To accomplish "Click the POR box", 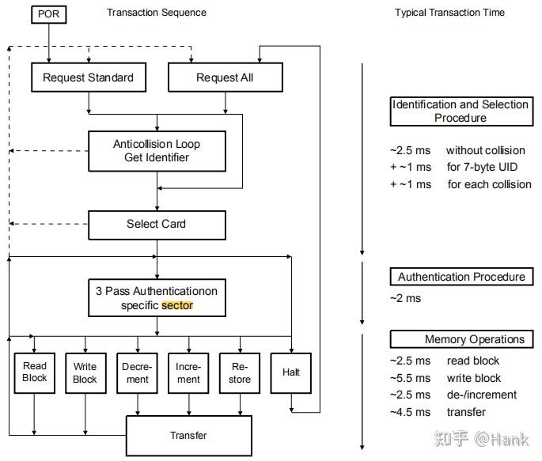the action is (x=49, y=14).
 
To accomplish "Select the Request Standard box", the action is (x=89, y=77).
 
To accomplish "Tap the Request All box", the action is (x=225, y=77).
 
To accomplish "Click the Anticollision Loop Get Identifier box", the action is (x=157, y=151).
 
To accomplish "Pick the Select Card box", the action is (x=157, y=225).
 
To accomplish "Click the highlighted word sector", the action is (x=177, y=305).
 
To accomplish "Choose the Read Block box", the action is (x=34, y=373).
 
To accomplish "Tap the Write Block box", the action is (x=85, y=373).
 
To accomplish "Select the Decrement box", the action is (x=137, y=373).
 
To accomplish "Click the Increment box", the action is (x=188, y=373).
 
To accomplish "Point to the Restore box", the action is (x=240, y=373).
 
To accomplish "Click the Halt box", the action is (x=290, y=373).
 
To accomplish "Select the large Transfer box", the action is (x=189, y=436).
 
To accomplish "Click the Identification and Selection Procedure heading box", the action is (x=461, y=111).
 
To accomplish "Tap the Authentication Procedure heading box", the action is (x=461, y=277).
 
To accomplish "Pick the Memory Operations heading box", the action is (x=461, y=339).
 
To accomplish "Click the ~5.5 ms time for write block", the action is (x=411, y=378).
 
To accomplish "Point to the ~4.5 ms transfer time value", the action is (x=411, y=412).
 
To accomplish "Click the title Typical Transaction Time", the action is (x=449, y=13).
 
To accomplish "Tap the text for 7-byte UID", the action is (x=482, y=167).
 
